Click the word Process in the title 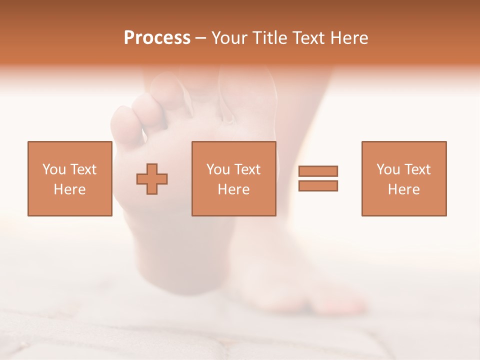pyautogui.click(x=157, y=38)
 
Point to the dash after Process pyautogui.click(x=200, y=38)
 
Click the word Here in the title pyautogui.click(x=348, y=38)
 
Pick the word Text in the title pyautogui.click(x=308, y=38)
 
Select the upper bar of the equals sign pyautogui.click(x=318, y=171)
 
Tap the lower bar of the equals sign pyautogui.click(x=318, y=185)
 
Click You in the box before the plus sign pyautogui.click(x=53, y=169)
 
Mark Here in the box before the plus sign pyautogui.click(x=69, y=189)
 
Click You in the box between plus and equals pyautogui.click(x=218, y=169)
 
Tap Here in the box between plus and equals pyautogui.click(x=234, y=189)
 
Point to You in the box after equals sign pyautogui.click(x=388, y=169)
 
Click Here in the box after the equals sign pyautogui.click(x=404, y=189)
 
